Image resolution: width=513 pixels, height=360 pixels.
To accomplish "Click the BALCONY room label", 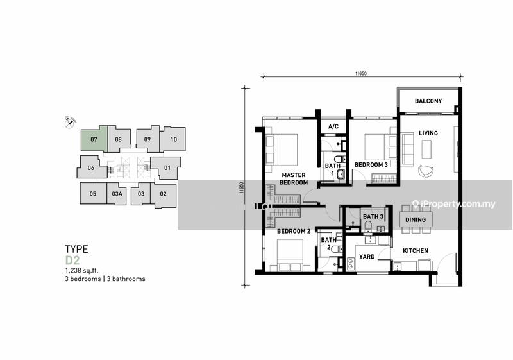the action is click(x=428, y=101).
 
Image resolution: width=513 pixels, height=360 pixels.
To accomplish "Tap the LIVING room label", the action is click(x=428, y=133).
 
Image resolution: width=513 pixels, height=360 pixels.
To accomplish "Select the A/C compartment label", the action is click(x=333, y=126).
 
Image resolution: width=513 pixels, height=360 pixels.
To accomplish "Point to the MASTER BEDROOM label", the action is click(x=294, y=178).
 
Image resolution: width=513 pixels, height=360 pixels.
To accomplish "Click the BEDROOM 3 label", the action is click(x=371, y=165).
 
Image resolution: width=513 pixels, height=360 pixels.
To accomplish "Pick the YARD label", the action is click(x=367, y=257).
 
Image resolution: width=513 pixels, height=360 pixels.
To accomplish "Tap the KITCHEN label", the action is click(x=416, y=251).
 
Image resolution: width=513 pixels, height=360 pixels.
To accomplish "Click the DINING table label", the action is click(x=416, y=219).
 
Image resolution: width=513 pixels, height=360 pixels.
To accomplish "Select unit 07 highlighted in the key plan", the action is click(x=94, y=139).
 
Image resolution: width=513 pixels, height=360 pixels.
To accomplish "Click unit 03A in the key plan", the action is click(x=117, y=194).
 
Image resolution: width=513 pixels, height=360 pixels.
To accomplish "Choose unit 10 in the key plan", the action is click(x=173, y=139).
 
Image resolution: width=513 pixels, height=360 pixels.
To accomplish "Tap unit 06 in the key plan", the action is click(x=91, y=167).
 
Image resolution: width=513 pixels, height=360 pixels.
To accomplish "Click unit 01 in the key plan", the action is click(x=167, y=168).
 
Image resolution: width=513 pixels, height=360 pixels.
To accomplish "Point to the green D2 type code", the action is click(x=72, y=261).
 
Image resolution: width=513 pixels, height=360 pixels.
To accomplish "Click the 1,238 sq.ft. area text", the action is click(x=81, y=270).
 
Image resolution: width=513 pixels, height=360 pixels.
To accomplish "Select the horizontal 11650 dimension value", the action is click(x=361, y=74).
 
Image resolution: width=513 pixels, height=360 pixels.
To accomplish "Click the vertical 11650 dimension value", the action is click(x=242, y=188).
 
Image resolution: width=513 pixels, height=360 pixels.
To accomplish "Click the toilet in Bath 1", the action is click(x=340, y=159).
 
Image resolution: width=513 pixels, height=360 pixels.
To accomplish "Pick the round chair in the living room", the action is click(x=426, y=171).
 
